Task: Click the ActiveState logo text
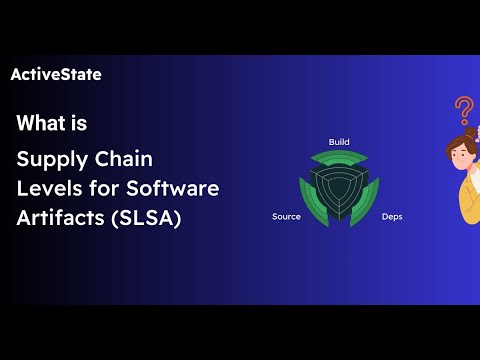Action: click(x=55, y=74)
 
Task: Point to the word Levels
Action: click(x=46, y=188)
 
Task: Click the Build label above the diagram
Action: click(x=339, y=141)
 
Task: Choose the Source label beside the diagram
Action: click(x=286, y=216)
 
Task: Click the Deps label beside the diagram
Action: click(x=392, y=216)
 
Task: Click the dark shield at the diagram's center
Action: click(x=339, y=187)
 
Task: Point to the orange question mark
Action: click(x=463, y=108)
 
